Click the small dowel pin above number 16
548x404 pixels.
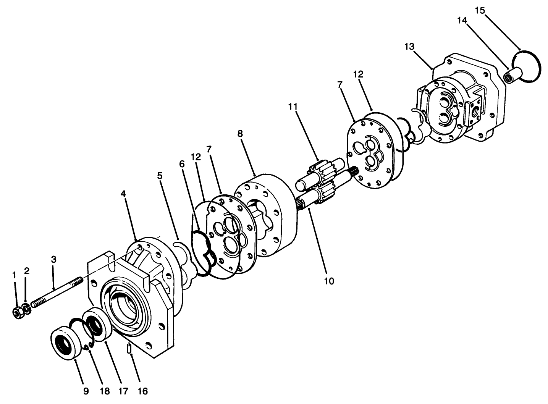point(129,348)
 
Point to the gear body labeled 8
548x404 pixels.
point(267,214)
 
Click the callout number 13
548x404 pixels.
point(409,47)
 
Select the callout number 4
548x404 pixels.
point(123,194)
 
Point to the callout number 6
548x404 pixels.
point(181,163)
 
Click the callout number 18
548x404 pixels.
point(104,391)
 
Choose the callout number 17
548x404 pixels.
point(121,391)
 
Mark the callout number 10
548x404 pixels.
point(329,281)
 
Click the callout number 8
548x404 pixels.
point(239,134)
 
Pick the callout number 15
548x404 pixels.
point(480,10)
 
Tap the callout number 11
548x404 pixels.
point(293,106)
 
